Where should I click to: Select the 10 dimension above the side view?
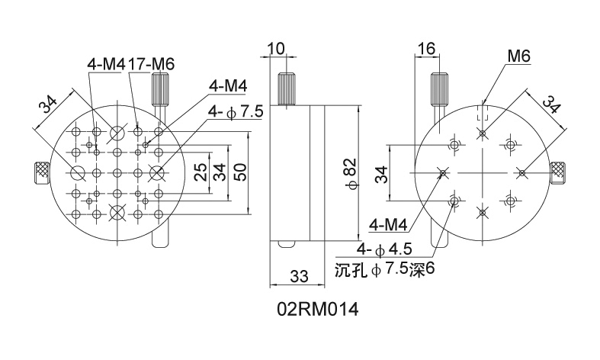276,49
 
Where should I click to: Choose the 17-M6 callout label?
152,65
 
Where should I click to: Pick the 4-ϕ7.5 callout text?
235,112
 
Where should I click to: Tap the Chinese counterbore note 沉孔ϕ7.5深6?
390,269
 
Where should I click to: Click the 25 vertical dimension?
201,172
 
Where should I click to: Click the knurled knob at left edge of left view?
39,173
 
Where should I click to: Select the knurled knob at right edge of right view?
560,173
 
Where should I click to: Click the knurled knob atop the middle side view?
287,88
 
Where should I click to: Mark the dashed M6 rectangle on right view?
482,113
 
